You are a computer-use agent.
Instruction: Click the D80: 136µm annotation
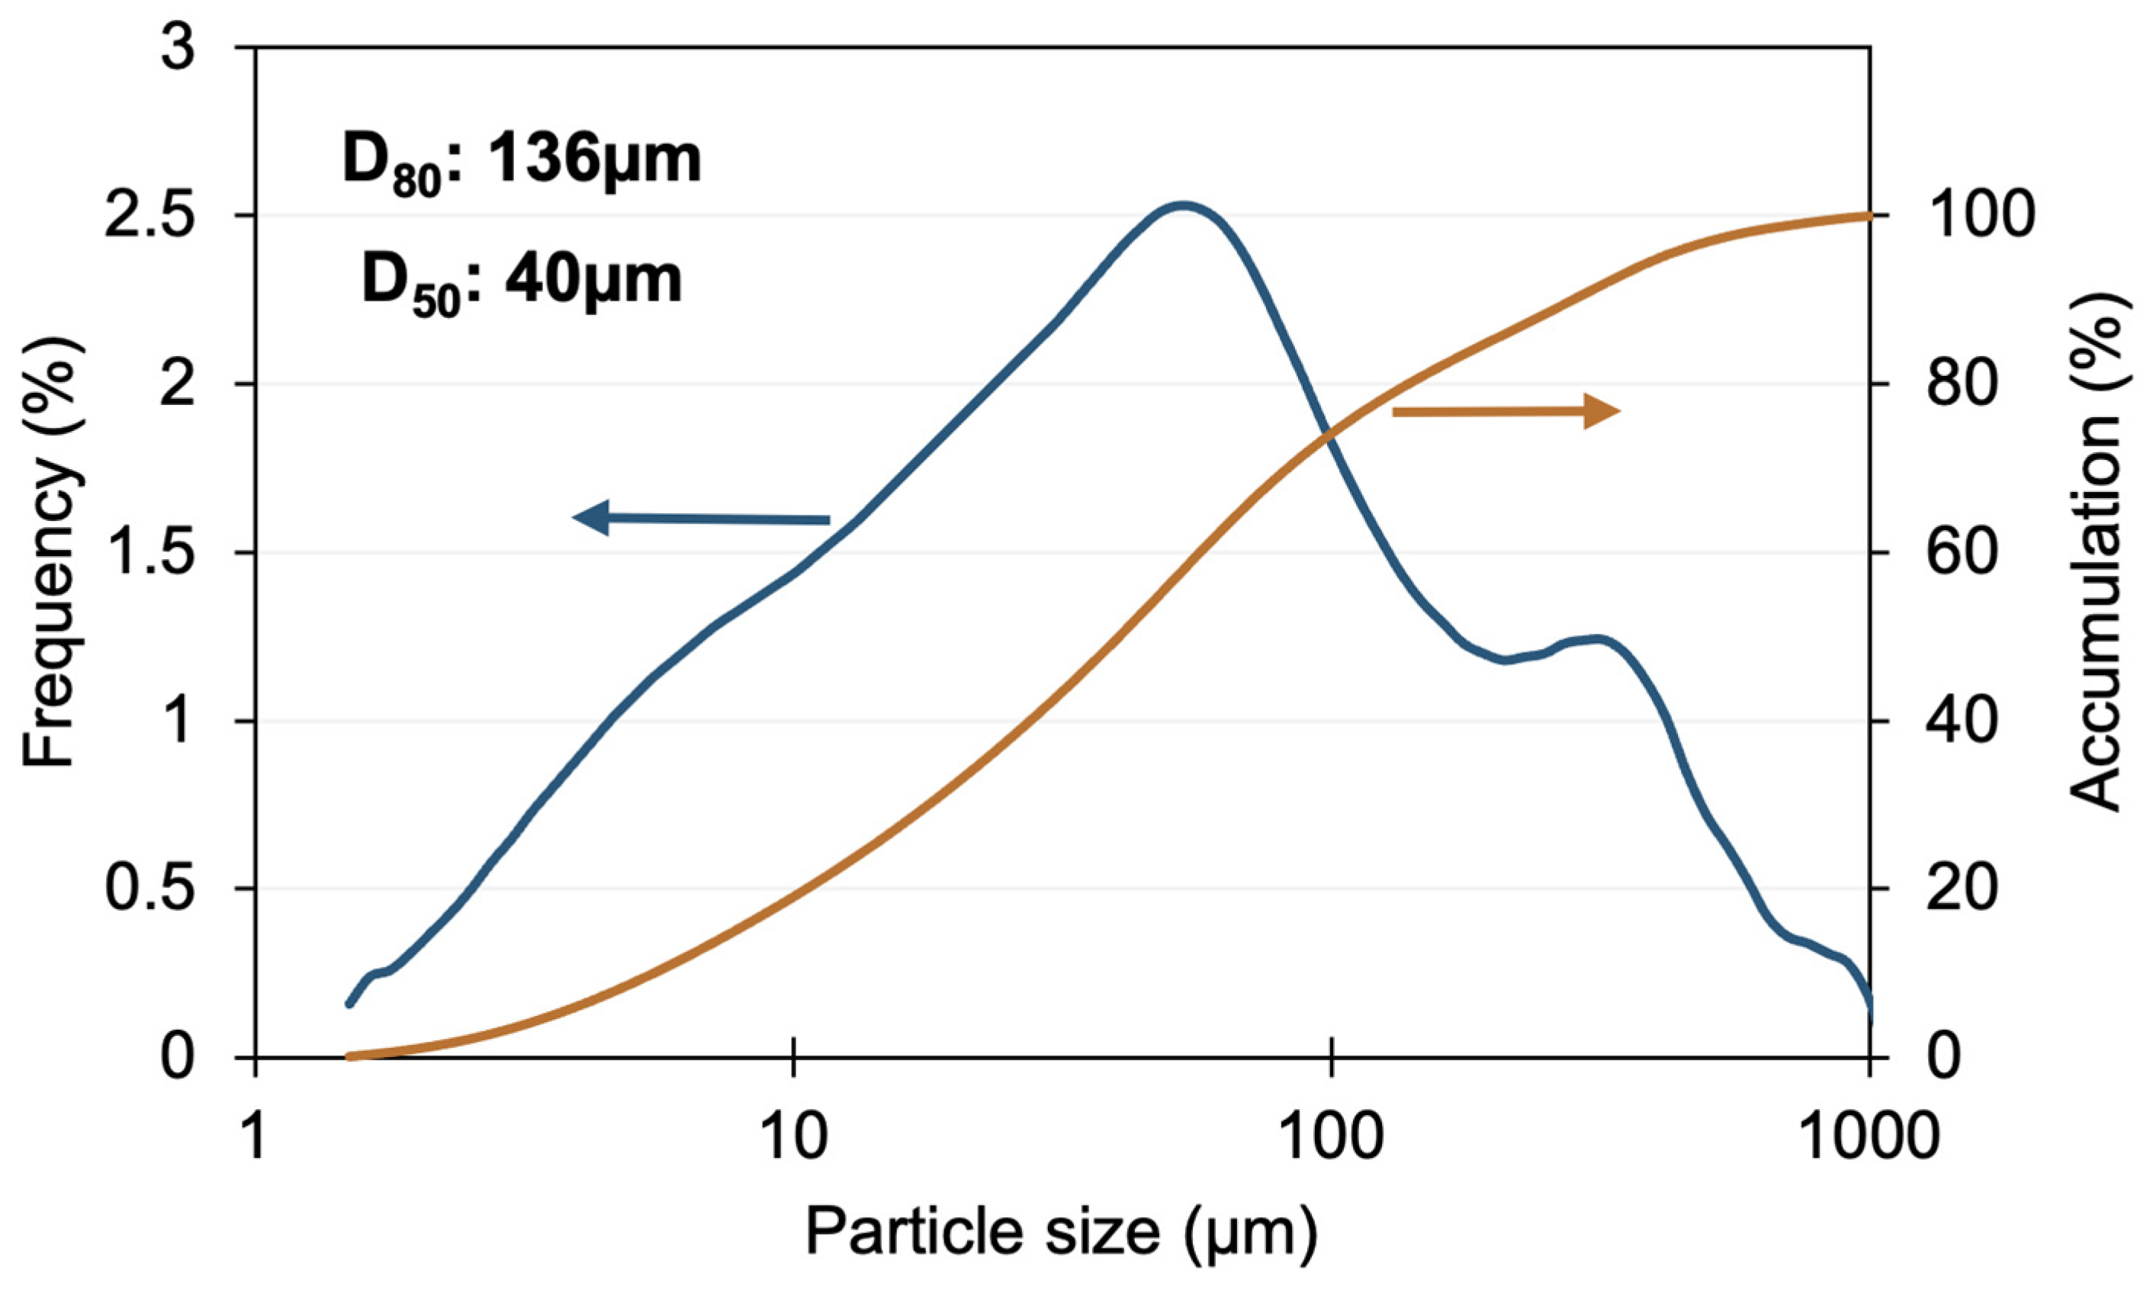(x=521, y=162)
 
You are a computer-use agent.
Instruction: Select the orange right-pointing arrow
(x=1506, y=411)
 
